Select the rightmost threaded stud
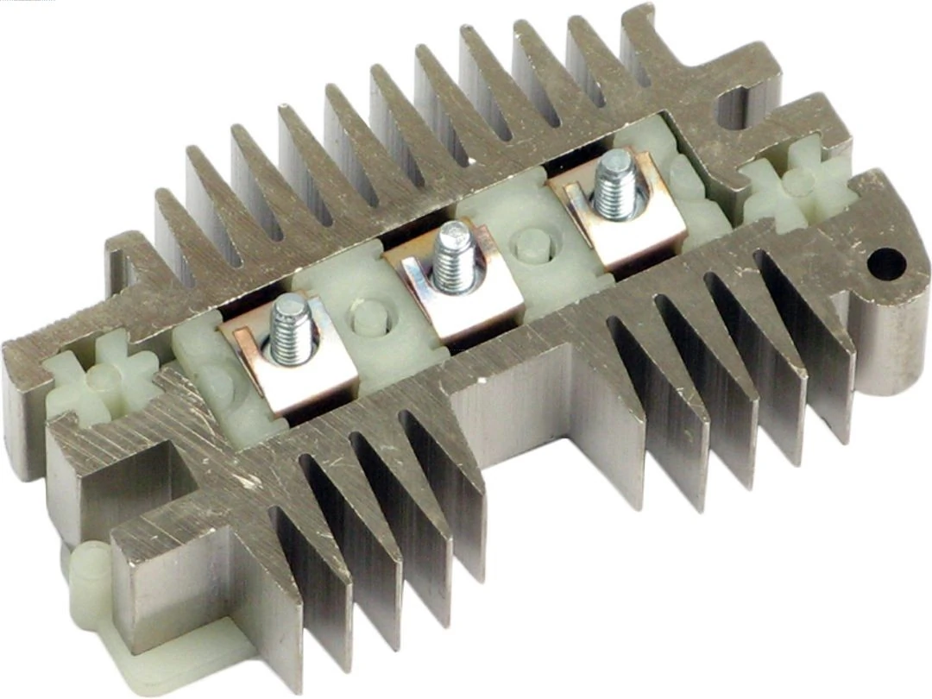pos(616,184)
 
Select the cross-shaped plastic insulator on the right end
pos(797,182)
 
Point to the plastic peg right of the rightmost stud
pos(686,176)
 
